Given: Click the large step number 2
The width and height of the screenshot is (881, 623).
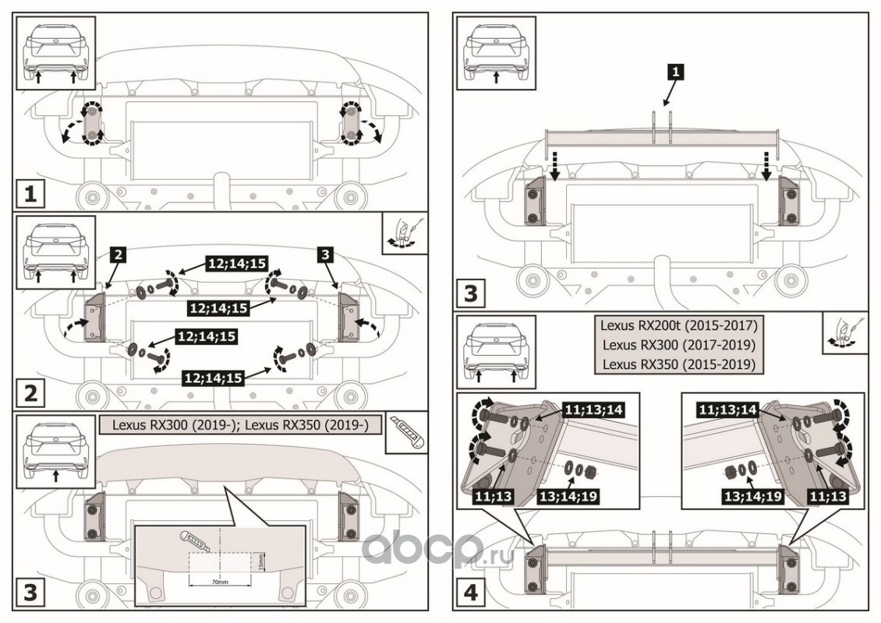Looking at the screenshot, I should (30, 392).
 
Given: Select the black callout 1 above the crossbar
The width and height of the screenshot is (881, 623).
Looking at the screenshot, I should (676, 72).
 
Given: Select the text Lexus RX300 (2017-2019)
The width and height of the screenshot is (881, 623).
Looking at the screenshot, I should (678, 344).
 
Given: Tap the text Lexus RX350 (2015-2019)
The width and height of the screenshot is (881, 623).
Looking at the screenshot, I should (678, 364).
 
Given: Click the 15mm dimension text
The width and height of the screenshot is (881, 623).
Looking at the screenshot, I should (264, 561).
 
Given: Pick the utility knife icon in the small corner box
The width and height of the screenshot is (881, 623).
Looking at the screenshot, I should (408, 433).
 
